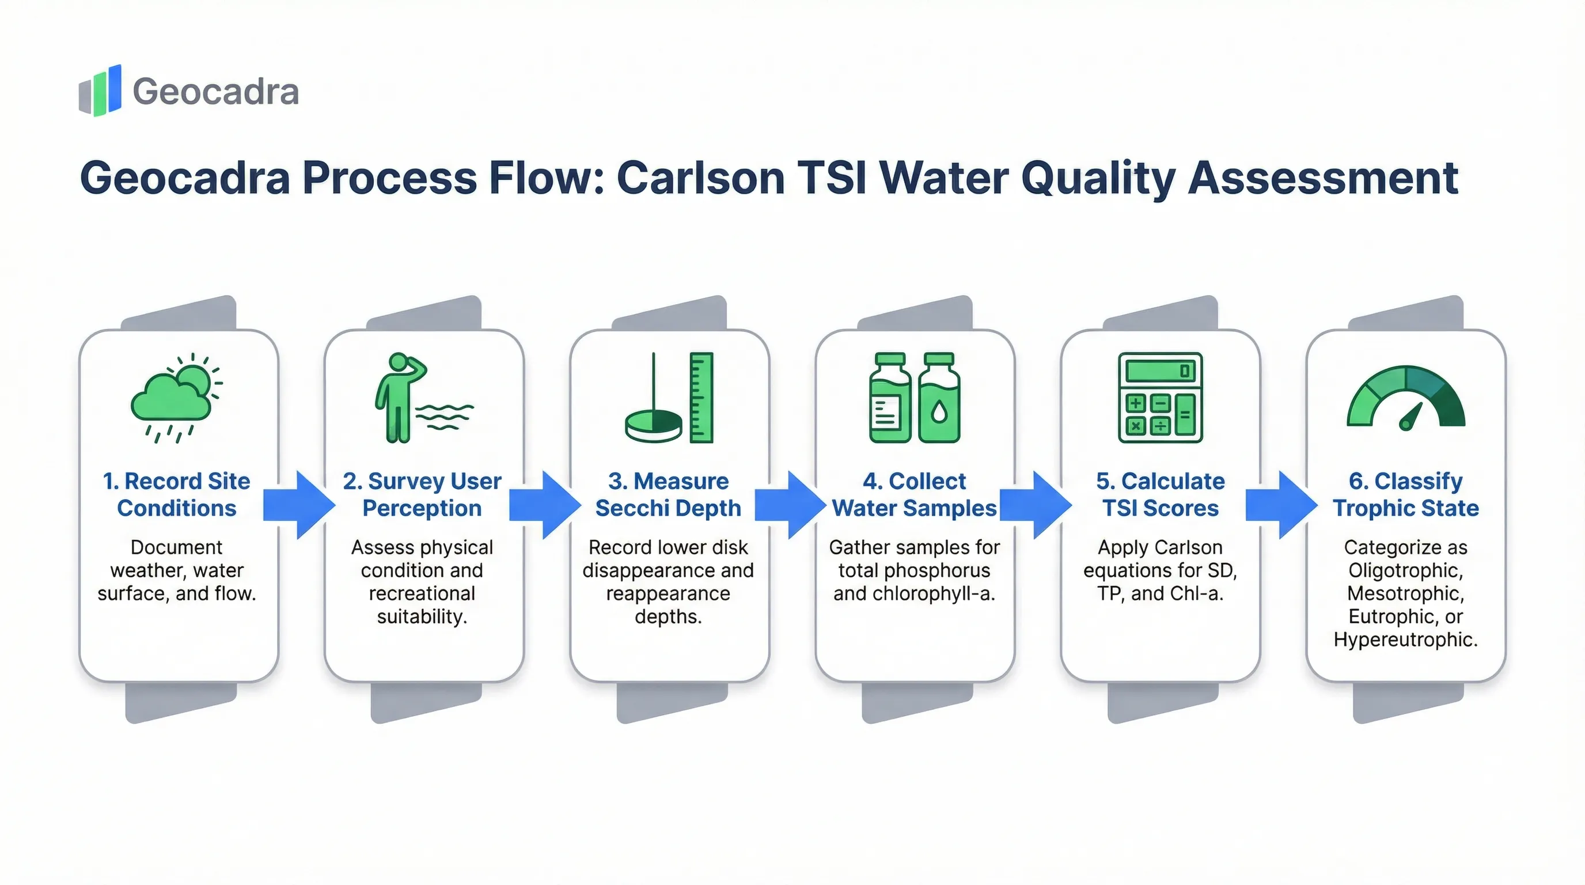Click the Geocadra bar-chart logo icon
pos(100,90)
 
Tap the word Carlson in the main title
pos(700,178)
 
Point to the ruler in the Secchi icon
pos(701,397)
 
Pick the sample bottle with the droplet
pos(939,398)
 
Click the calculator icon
pos(1160,397)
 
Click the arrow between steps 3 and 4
pos(791,505)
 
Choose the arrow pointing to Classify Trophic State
pos(1281,505)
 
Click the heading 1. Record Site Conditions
pos(177,494)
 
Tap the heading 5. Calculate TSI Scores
pos(1160,494)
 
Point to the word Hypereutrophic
pos(1405,640)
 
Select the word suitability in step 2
pos(422,616)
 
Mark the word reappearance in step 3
pos(668,593)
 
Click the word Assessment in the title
pos(1323,178)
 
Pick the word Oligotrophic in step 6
pos(1405,570)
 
